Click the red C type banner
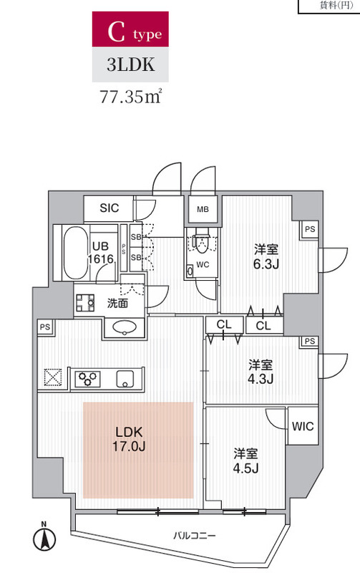(x=130, y=29)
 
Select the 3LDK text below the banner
(x=130, y=64)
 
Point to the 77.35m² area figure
(x=130, y=97)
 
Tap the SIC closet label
(x=110, y=208)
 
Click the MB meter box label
(x=203, y=209)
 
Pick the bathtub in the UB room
(x=76, y=253)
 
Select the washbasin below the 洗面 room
(x=125, y=327)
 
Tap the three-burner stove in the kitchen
(x=87, y=379)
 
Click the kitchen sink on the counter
(x=125, y=379)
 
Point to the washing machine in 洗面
(x=85, y=302)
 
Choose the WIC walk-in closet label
(x=303, y=426)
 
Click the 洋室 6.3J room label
(x=266, y=256)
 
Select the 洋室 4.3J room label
(x=261, y=372)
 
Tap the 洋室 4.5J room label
(x=245, y=461)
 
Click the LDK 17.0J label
(x=129, y=439)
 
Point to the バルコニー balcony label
(x=194, y=536)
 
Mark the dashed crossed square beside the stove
(x=53, y=377)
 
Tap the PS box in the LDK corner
(x=45, y=327)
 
